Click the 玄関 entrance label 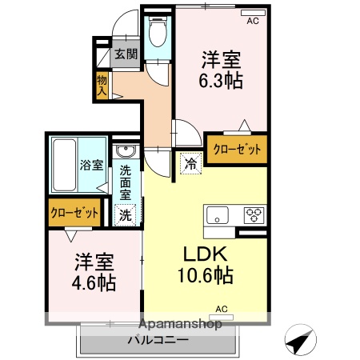pyautogui.click(x=125, y=55)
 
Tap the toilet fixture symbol pyautogui.click(x=158, y=34)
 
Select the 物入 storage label pyautogui.click(x=102, y=84)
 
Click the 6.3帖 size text pyautogui.click(x=222, y=81)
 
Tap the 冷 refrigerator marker pyautogui.click(x=191, y=163)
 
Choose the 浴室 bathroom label pyautogui.click(x=90, y=166)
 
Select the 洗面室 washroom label pyautogui.click(x=126, y=182)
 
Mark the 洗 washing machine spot pyautogui.click(x=126, y=214)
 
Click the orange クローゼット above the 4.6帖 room pyautogui.click(x=74, y=214)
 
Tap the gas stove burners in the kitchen pyautogui.click(x=254, y=214)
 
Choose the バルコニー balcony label pyautogui.click(x=158, y=340)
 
